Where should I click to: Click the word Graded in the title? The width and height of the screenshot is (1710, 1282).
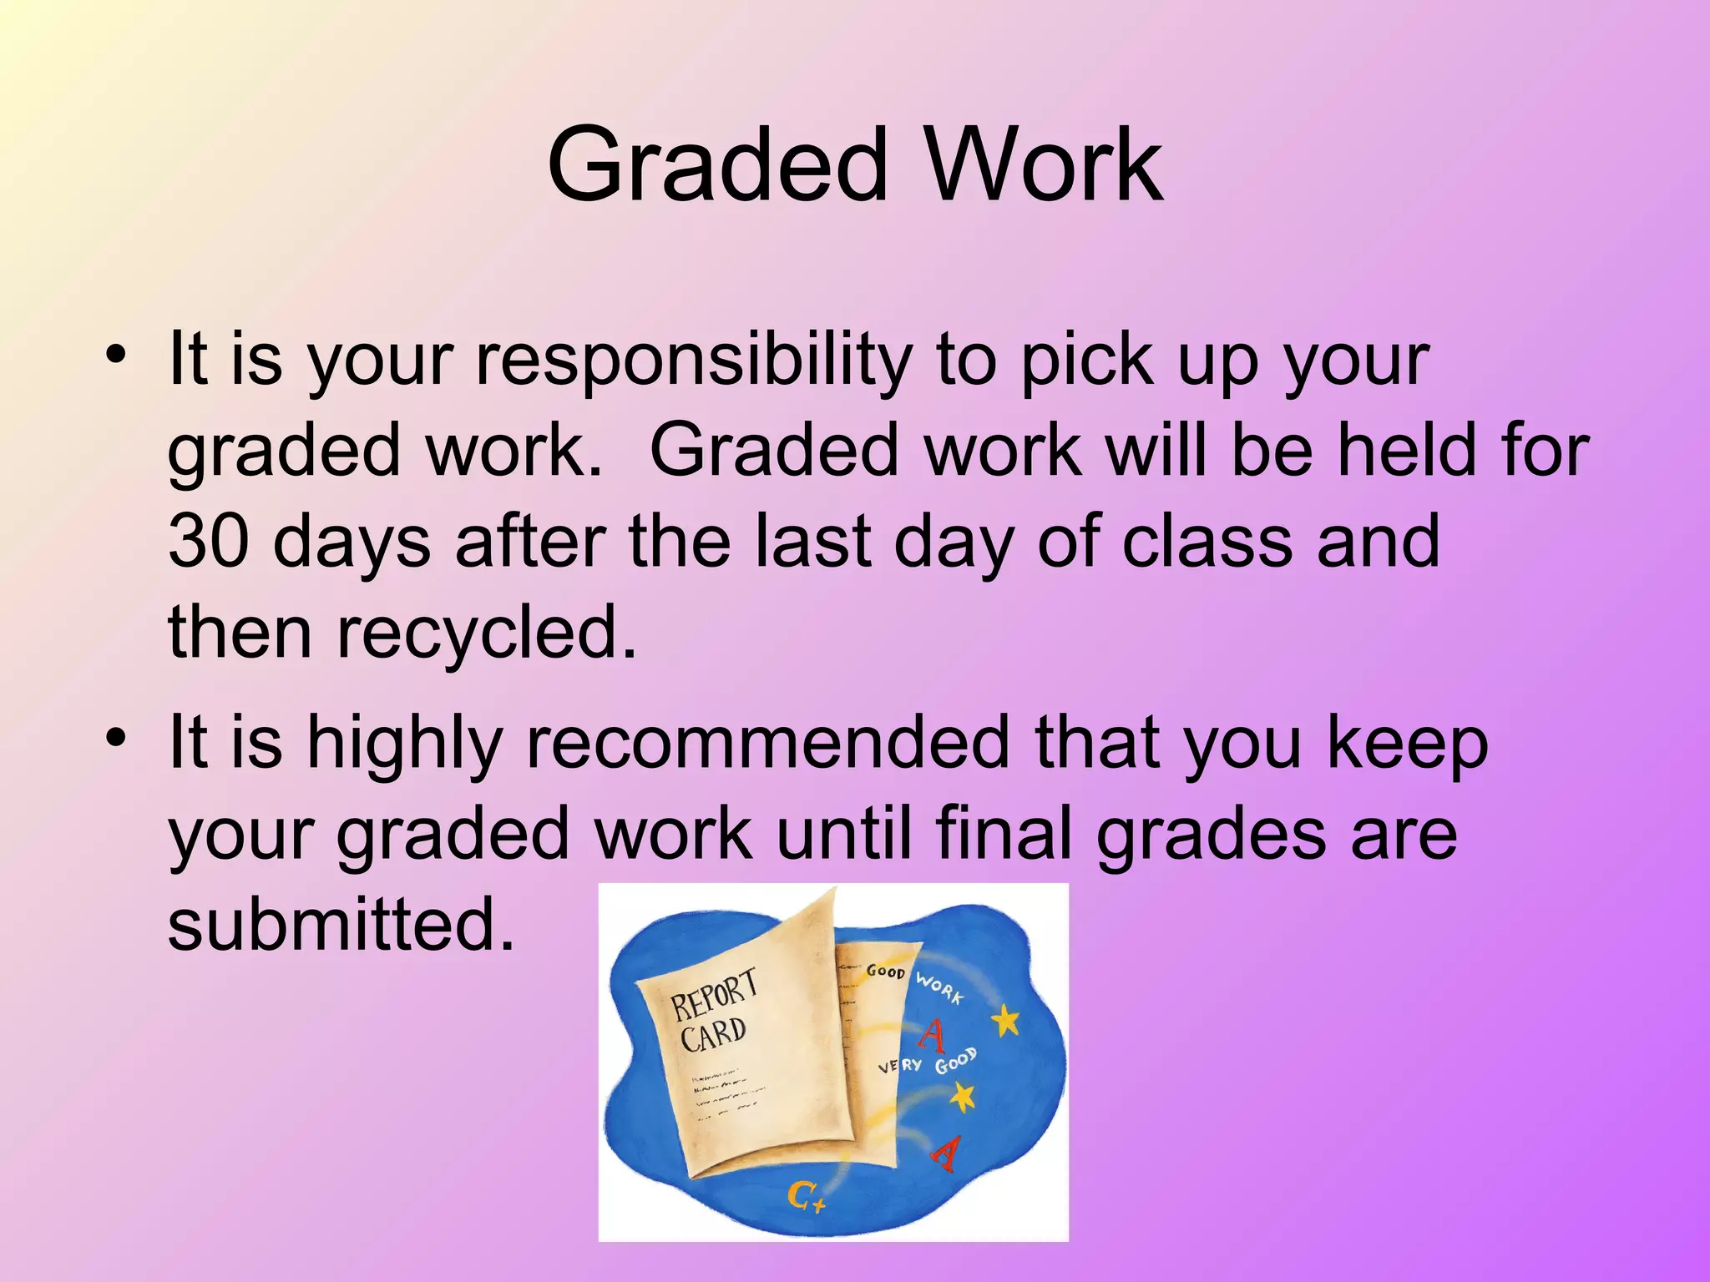coord(716,167)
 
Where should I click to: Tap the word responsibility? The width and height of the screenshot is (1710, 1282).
coord(694,361)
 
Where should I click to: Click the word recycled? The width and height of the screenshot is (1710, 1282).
coord(486,632)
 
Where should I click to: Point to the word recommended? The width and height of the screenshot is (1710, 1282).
coord(768,743)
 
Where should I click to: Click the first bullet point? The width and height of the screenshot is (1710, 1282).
coord(116,356)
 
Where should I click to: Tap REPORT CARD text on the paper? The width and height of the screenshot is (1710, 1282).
coord(713,1011)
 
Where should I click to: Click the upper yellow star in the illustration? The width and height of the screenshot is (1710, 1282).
coord(1007,1019)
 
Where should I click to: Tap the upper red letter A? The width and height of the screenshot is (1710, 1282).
coord(933,1036)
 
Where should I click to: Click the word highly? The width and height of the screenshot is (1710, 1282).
coord(404,743)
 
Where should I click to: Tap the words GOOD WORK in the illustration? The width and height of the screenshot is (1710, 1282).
coord(915,980)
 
